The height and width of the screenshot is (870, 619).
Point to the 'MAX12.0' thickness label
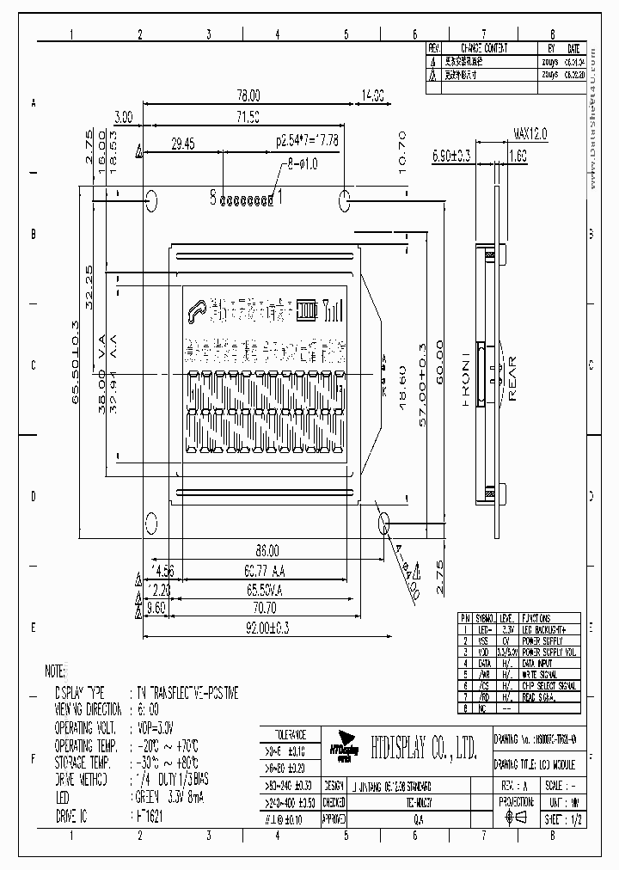[530, 134]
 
